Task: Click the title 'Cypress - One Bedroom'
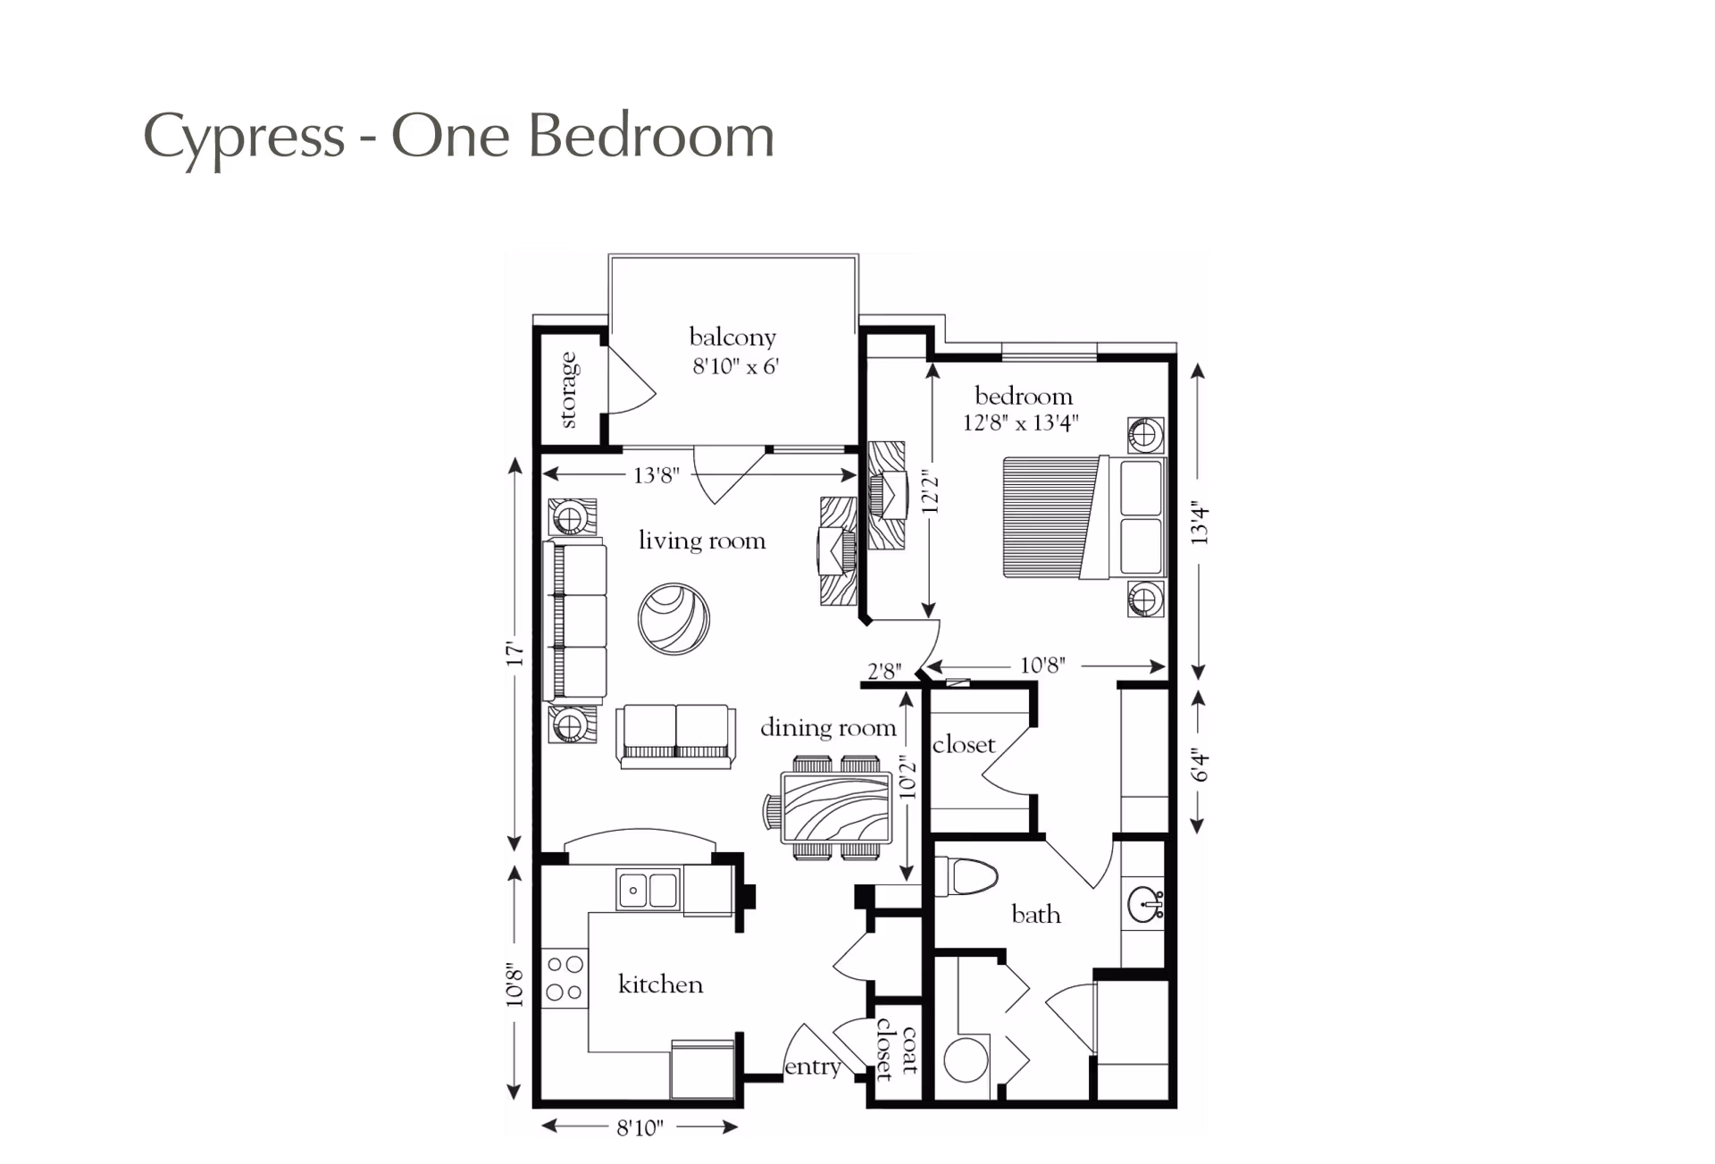(458, 137)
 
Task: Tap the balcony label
(732, 337)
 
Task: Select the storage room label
(568, 389)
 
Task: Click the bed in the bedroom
(1084, 517)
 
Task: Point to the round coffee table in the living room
(674, 618)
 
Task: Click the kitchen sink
(648, 890)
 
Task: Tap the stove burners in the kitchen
(565, 978)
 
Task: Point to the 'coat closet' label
(897, 1050)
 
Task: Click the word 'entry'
(812, 1067)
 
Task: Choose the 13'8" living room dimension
(657, 475)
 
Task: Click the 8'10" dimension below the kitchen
(640, 1127)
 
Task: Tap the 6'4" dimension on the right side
(1200, 766)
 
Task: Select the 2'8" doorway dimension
(884, 671)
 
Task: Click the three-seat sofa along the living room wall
(575, 622)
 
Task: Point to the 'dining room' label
(828, 728)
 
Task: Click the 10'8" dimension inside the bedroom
(1042, 666)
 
